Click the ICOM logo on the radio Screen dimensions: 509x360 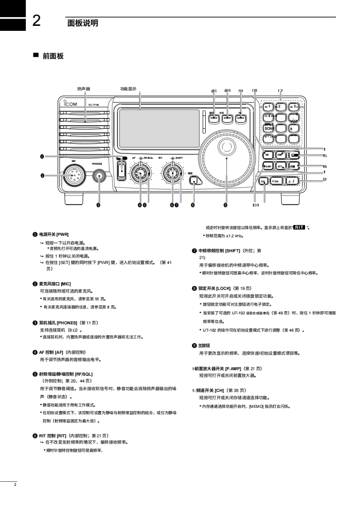pyautogui.click(x=71, y=104)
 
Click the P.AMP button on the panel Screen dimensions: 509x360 pyautogui.click(x=268, y=166)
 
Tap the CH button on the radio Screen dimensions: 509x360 pyautogui.click(x=263, y=181)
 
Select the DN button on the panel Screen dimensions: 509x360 pyautogui.click(x=276, y=181)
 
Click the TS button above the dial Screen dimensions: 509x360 pyautogui.click(x=241, y=118)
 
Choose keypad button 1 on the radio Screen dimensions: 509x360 pyautogui.click(x=268, y=107)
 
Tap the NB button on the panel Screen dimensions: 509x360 pyautogui.click(x=268, y=154)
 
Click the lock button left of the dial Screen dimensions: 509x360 pyautogui.click(x=194, y=181)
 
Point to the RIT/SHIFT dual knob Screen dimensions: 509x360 pyautogui.click(x=172, y=173)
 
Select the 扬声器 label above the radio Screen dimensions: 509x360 pyautogui.click(x=84, y=89)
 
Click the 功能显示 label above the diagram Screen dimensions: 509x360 pyautogui.click(x=128, y=89)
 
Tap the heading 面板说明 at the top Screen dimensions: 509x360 pyautogui.click(x=83, y=23)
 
